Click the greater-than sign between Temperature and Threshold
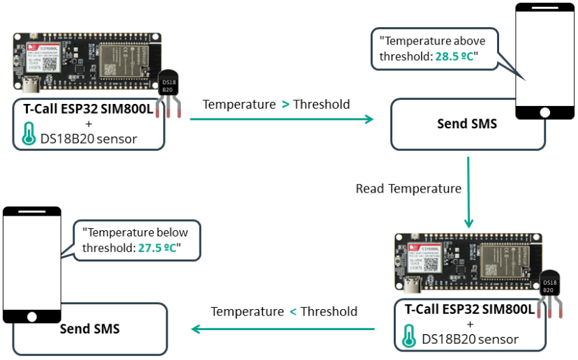point(285,105)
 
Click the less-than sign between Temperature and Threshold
point(292,312)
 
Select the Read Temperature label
point(408,189)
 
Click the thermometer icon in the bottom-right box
point(410,338)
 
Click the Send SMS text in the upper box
point(467,124)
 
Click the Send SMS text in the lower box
point(89,329)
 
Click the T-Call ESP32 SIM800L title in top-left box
point(89,109)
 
